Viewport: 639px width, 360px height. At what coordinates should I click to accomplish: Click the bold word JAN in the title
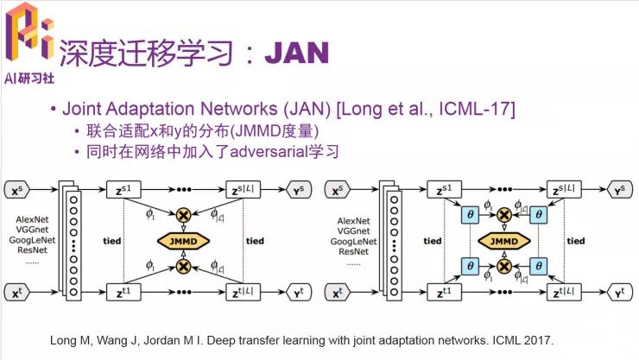pyautogui.click(x=296, y=53)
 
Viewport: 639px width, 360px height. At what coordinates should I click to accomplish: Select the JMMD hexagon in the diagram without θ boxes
pyautogui.click(x=182, y=240)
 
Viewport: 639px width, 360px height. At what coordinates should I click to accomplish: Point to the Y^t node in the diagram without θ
pyautogui.click(x=298, y=294)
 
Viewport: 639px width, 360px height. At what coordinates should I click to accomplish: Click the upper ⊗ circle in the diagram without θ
pyautogui.click(x=182, y=213)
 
